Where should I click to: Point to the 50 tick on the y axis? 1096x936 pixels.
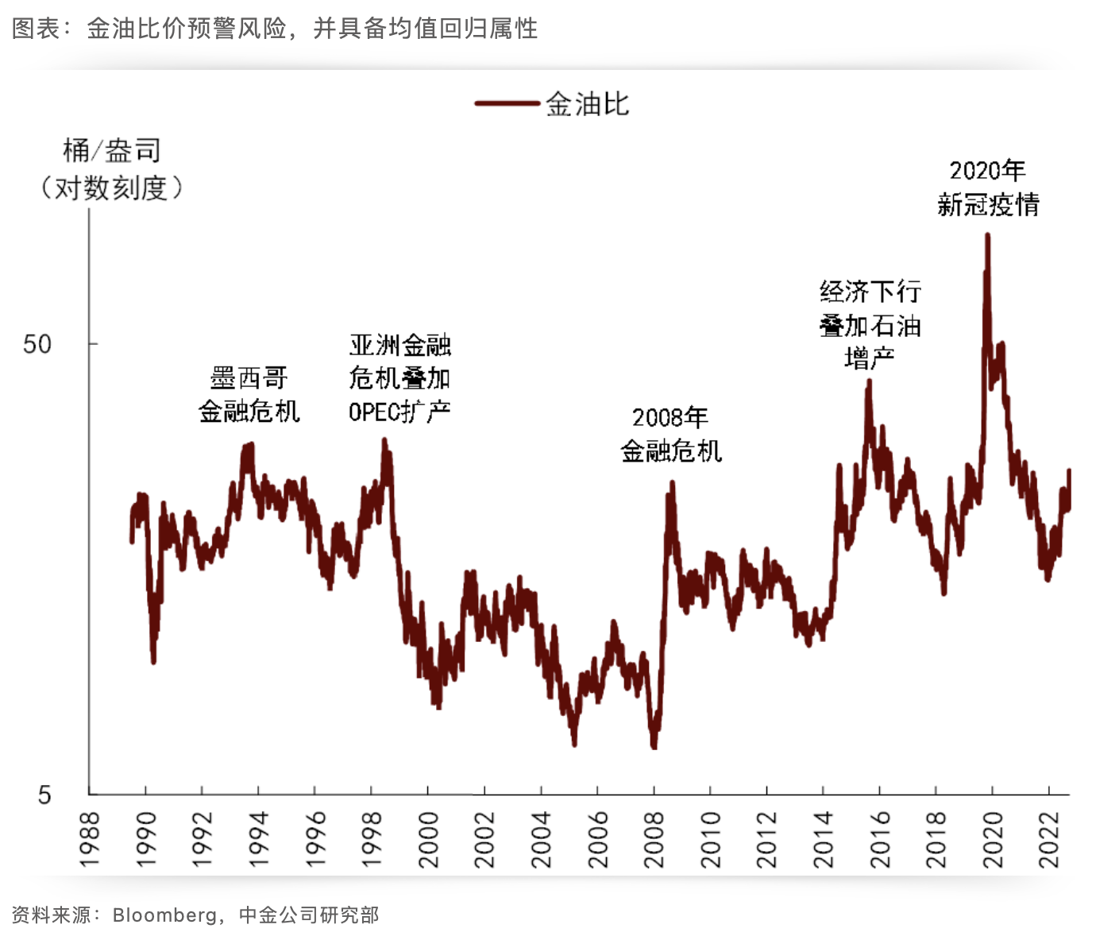tap(37, 344)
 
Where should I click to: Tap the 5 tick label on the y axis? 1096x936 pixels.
tap(44, 794)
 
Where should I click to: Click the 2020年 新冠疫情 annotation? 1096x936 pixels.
tap(988, 188)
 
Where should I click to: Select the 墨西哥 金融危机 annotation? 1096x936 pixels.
tap(249, 394)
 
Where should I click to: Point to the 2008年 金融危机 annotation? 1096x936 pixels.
tap(670, 434)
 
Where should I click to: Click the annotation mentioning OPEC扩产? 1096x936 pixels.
tap(399, 378)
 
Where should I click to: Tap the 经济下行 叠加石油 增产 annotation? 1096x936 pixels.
tap(870, 325)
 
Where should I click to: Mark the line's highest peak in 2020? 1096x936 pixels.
tap(987, 235)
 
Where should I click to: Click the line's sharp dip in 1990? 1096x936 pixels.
tap(153, 660)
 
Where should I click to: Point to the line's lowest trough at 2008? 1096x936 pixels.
tap(654, 747)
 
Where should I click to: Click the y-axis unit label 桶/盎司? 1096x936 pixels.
tap(111, 150)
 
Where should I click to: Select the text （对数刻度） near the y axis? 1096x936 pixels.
tap(111, 188)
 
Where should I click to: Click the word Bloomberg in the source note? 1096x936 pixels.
tap(164, 915)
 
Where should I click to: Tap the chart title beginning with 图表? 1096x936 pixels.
tap(274, 29)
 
